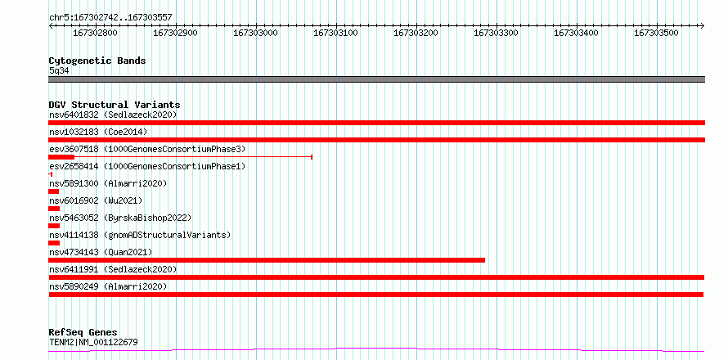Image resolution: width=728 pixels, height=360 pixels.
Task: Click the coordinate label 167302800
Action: (x=95, y=33)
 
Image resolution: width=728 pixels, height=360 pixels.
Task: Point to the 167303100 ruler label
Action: (x=335, y=33)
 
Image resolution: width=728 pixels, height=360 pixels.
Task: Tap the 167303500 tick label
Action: (x=657, y=33)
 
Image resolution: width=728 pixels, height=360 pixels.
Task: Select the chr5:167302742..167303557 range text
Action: (x=110, y=18)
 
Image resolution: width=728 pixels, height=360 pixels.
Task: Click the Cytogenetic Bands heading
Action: (x=97, y=61)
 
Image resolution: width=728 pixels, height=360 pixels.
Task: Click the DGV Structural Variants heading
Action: (x=115, y=105)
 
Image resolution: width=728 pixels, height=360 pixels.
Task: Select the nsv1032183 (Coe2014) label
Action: (x=98, y=132)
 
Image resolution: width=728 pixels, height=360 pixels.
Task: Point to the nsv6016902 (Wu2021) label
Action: (x=96, y=200)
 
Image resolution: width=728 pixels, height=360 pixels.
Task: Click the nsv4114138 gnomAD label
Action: (x=140, y=235)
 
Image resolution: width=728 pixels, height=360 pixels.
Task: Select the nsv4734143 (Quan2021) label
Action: (x=101, y=252)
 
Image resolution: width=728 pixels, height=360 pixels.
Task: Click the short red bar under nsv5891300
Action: (x=54, y=191)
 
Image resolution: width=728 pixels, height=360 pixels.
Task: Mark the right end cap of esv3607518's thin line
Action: (x=312, y=157)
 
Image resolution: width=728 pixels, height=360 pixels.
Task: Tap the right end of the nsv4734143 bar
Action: (x=485, y=260)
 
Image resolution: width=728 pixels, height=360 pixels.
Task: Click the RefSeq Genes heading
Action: (x=83, y=332)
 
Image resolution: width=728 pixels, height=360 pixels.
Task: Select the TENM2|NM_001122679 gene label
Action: (x=93, y=343)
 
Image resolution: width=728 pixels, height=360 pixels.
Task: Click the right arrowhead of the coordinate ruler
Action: (x=703, y=25)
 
